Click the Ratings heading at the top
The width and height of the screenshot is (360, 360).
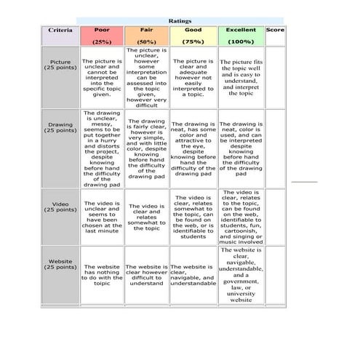tap(180, 21)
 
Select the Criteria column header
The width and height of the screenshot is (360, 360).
tap(60, 31)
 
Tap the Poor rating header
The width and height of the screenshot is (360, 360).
tap(102, 31)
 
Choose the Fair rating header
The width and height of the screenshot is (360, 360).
tap(146, 31)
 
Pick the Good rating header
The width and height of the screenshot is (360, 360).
tap(193, 31)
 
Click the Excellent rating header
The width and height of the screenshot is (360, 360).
tap(241, 31)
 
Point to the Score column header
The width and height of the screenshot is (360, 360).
tap(275, 31)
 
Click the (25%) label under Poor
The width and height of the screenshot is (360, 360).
tap(102, 42)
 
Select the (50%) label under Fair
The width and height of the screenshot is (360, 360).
tap(146, 42)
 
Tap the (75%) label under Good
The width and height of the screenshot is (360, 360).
tap(193, 42)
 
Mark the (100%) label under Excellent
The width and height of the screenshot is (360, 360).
tap(241, 42)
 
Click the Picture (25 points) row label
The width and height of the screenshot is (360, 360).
tap(60, 65)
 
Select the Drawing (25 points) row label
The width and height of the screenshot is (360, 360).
tap(60, 128)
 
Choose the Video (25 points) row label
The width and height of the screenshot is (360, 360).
tap(60, 207)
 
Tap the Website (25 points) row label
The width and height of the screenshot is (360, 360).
tap(60, 264)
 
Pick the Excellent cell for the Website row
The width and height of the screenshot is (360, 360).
tap(241, 275)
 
